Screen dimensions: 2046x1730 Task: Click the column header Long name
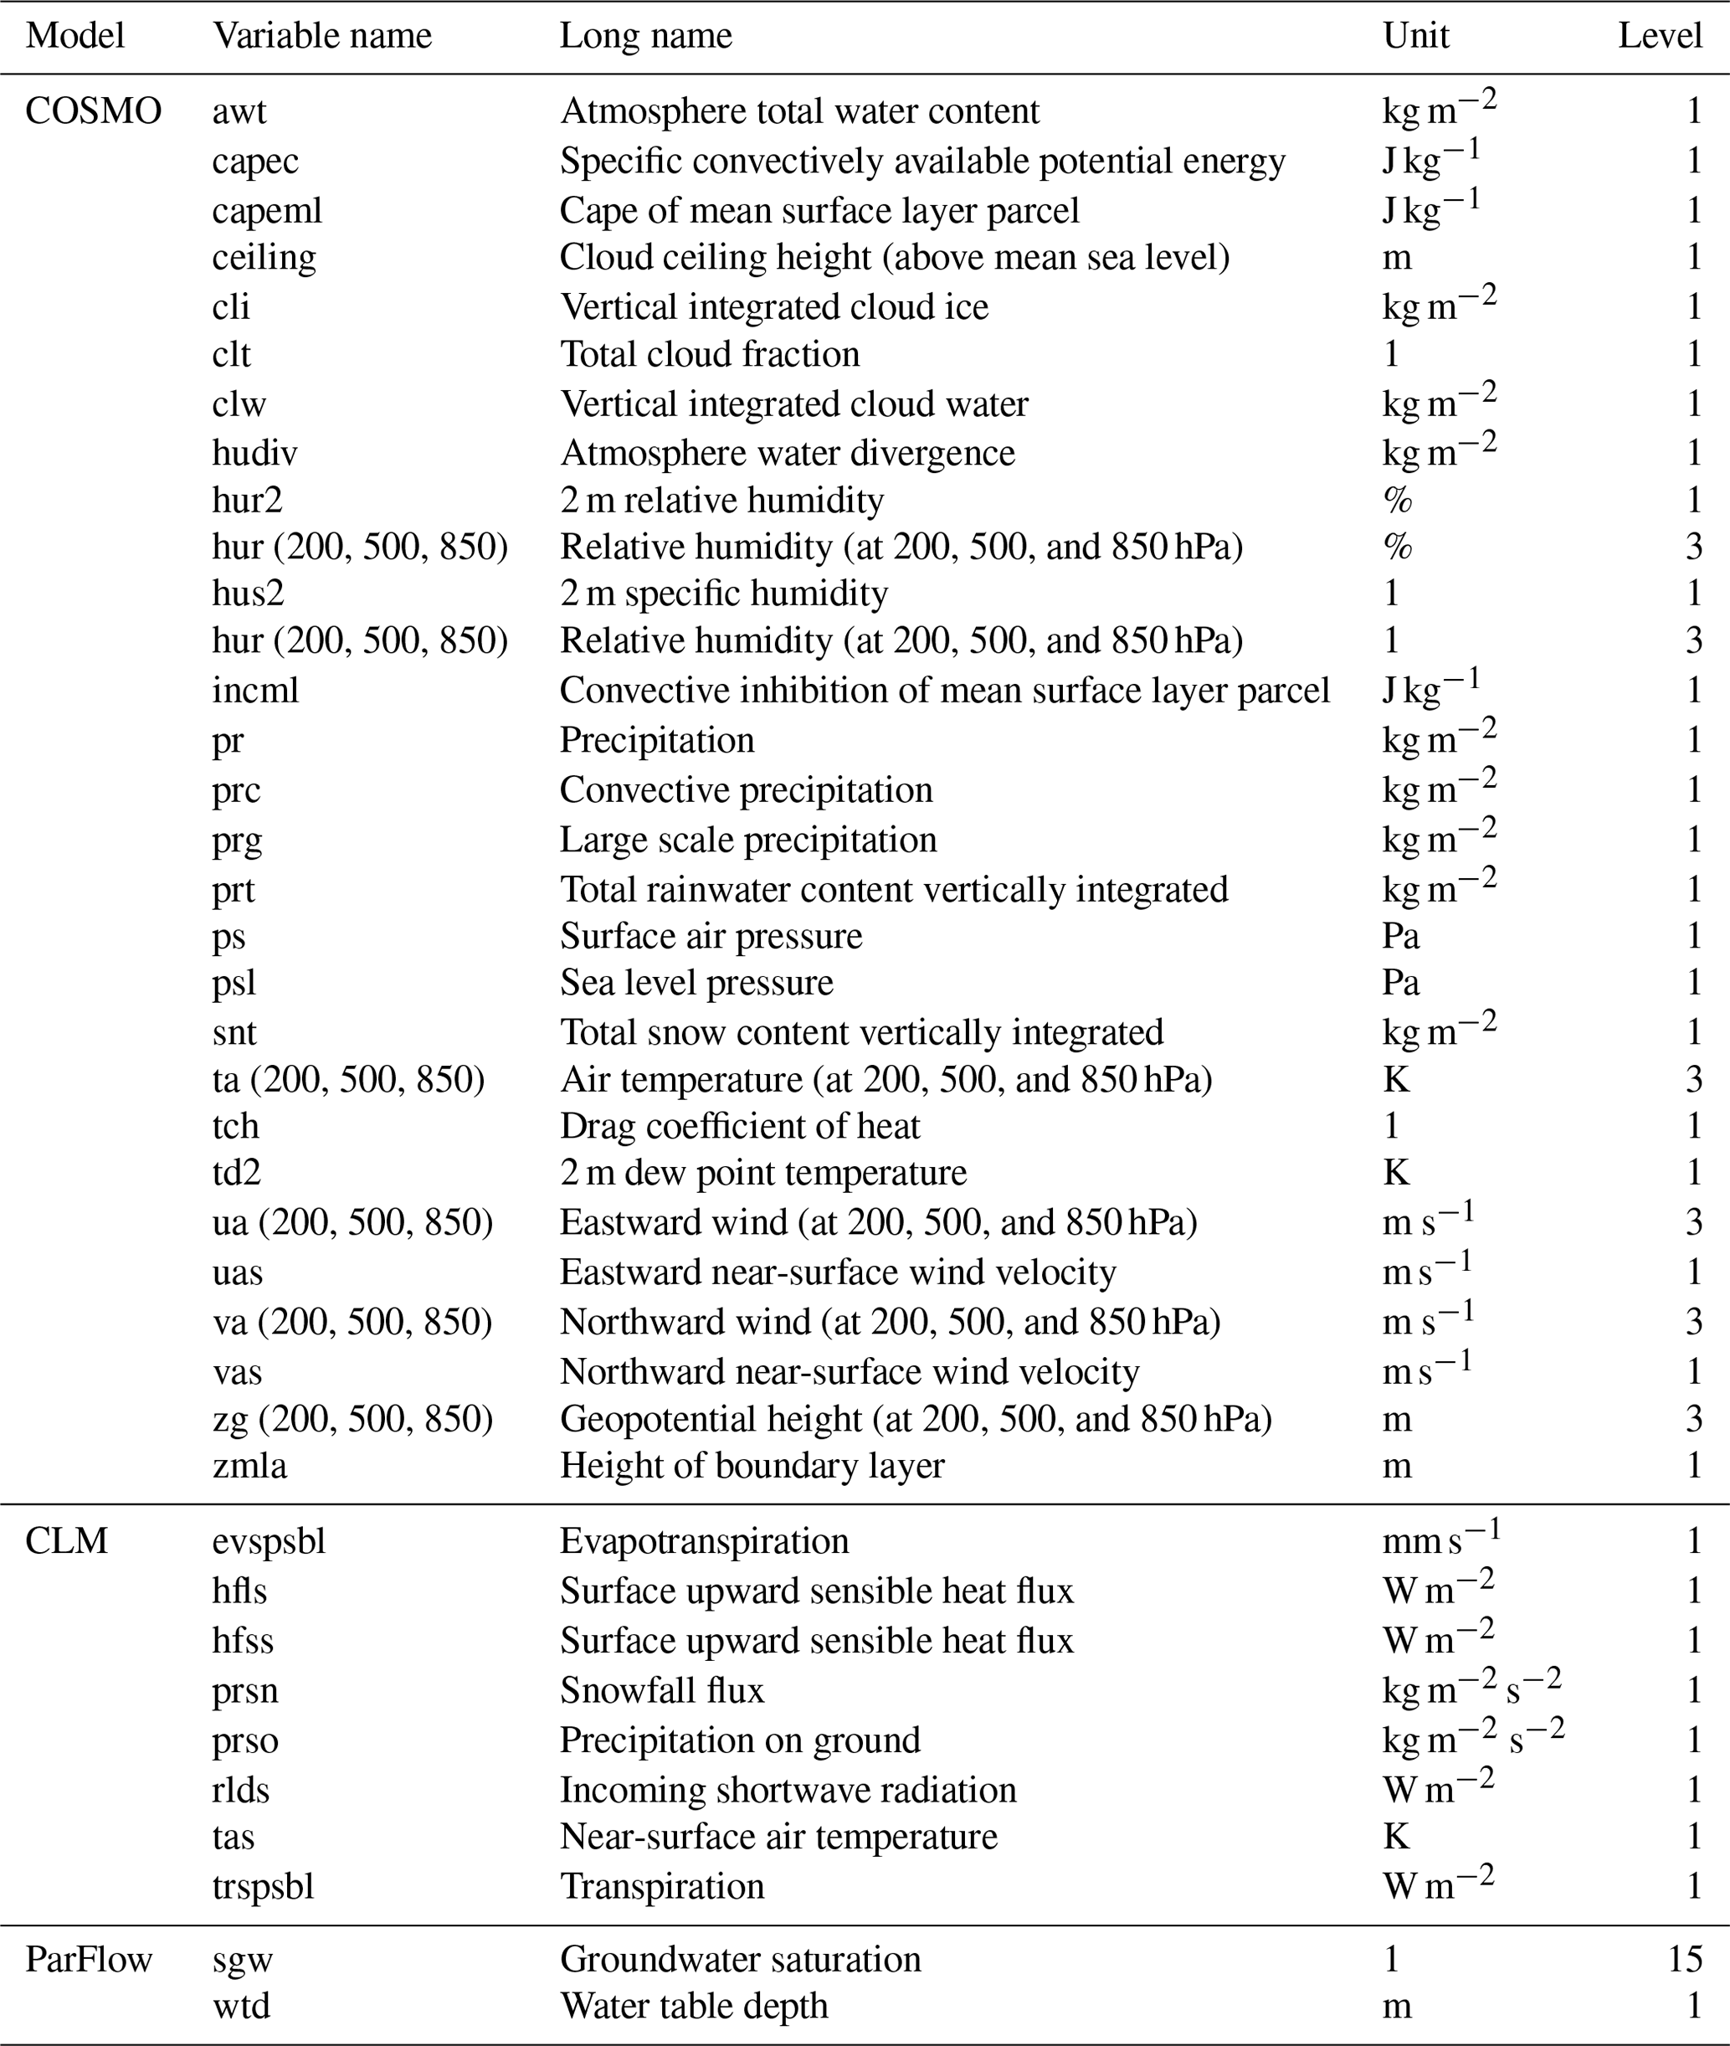(645, 36)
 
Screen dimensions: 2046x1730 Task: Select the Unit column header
(1415, 36)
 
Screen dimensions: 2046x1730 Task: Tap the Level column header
(1660, 36)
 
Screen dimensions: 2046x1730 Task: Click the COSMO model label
(93, 112)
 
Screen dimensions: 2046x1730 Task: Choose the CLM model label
(67, 1541)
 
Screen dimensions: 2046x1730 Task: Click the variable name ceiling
(264, 257)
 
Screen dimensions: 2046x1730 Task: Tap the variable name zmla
(249, 1465)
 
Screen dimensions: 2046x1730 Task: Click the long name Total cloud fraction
(709, 354)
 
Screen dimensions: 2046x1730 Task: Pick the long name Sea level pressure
(696, 983)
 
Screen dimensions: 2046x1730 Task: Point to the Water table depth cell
(693, 2006)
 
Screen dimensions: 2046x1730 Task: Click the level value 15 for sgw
(1684, 1960)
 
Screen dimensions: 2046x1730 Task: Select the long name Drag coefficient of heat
(740, 1126)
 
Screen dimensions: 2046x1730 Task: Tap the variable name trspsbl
(263, 1886)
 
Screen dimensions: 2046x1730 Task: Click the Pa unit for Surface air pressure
(1400, 936)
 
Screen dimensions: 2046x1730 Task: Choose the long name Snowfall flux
(661, 1690)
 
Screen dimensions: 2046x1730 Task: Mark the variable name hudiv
(254, 453)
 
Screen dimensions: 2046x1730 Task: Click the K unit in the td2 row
(1395, 1173)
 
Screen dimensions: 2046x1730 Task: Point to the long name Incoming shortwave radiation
(788, 1790)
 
